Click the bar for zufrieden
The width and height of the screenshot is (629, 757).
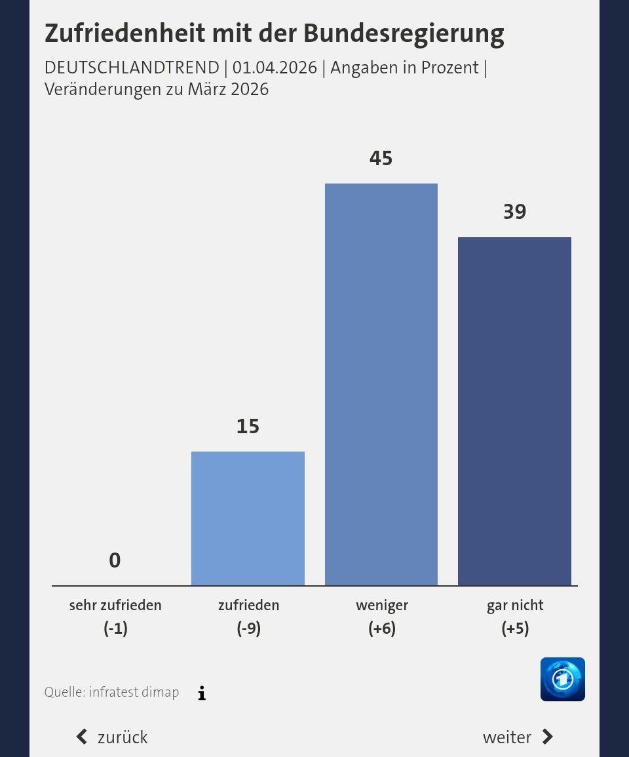coord(248,518)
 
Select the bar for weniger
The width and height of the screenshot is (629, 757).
coord(381,384)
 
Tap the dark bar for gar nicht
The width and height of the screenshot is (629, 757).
coord(514,411)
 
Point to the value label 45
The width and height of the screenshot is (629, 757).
coord(381,158)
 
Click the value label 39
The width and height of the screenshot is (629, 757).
coord(514,212)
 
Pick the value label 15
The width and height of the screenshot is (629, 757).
coord(248,427)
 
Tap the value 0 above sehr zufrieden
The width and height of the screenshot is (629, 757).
coord(115,560)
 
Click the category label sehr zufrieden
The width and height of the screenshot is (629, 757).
coord(115,606)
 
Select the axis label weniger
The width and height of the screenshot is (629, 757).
coord(381,606)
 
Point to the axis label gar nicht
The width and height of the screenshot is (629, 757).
coord(514,606)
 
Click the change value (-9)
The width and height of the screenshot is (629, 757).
coord(248,629)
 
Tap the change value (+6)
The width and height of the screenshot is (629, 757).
coord(381,629)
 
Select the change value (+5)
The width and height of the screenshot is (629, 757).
coord(514,629)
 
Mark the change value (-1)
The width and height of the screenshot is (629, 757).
coord(115,629)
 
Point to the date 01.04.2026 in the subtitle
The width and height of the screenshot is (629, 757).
coord(275,68)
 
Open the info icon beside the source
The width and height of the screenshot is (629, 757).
coord(202,693)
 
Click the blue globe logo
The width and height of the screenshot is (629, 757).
coord(562,679)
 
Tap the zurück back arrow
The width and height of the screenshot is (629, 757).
coord(82,737)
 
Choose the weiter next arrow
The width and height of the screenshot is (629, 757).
coord(548,737)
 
